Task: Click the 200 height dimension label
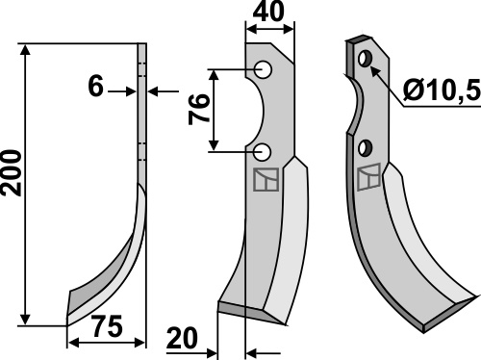[x=12, y=172]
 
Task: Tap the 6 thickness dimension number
[x=95, y=86]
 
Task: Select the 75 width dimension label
[x=108, y=326]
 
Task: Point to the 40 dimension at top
[x=268, y=12]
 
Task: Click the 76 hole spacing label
[x=199, y=109]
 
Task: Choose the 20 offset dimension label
[x=182, y=338]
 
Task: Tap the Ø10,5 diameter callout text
[x=442, y=90]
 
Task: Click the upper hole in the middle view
[x=263, y=69]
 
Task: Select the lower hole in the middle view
[x=263, y=152]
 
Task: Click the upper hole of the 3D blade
[x=365, y=59]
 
